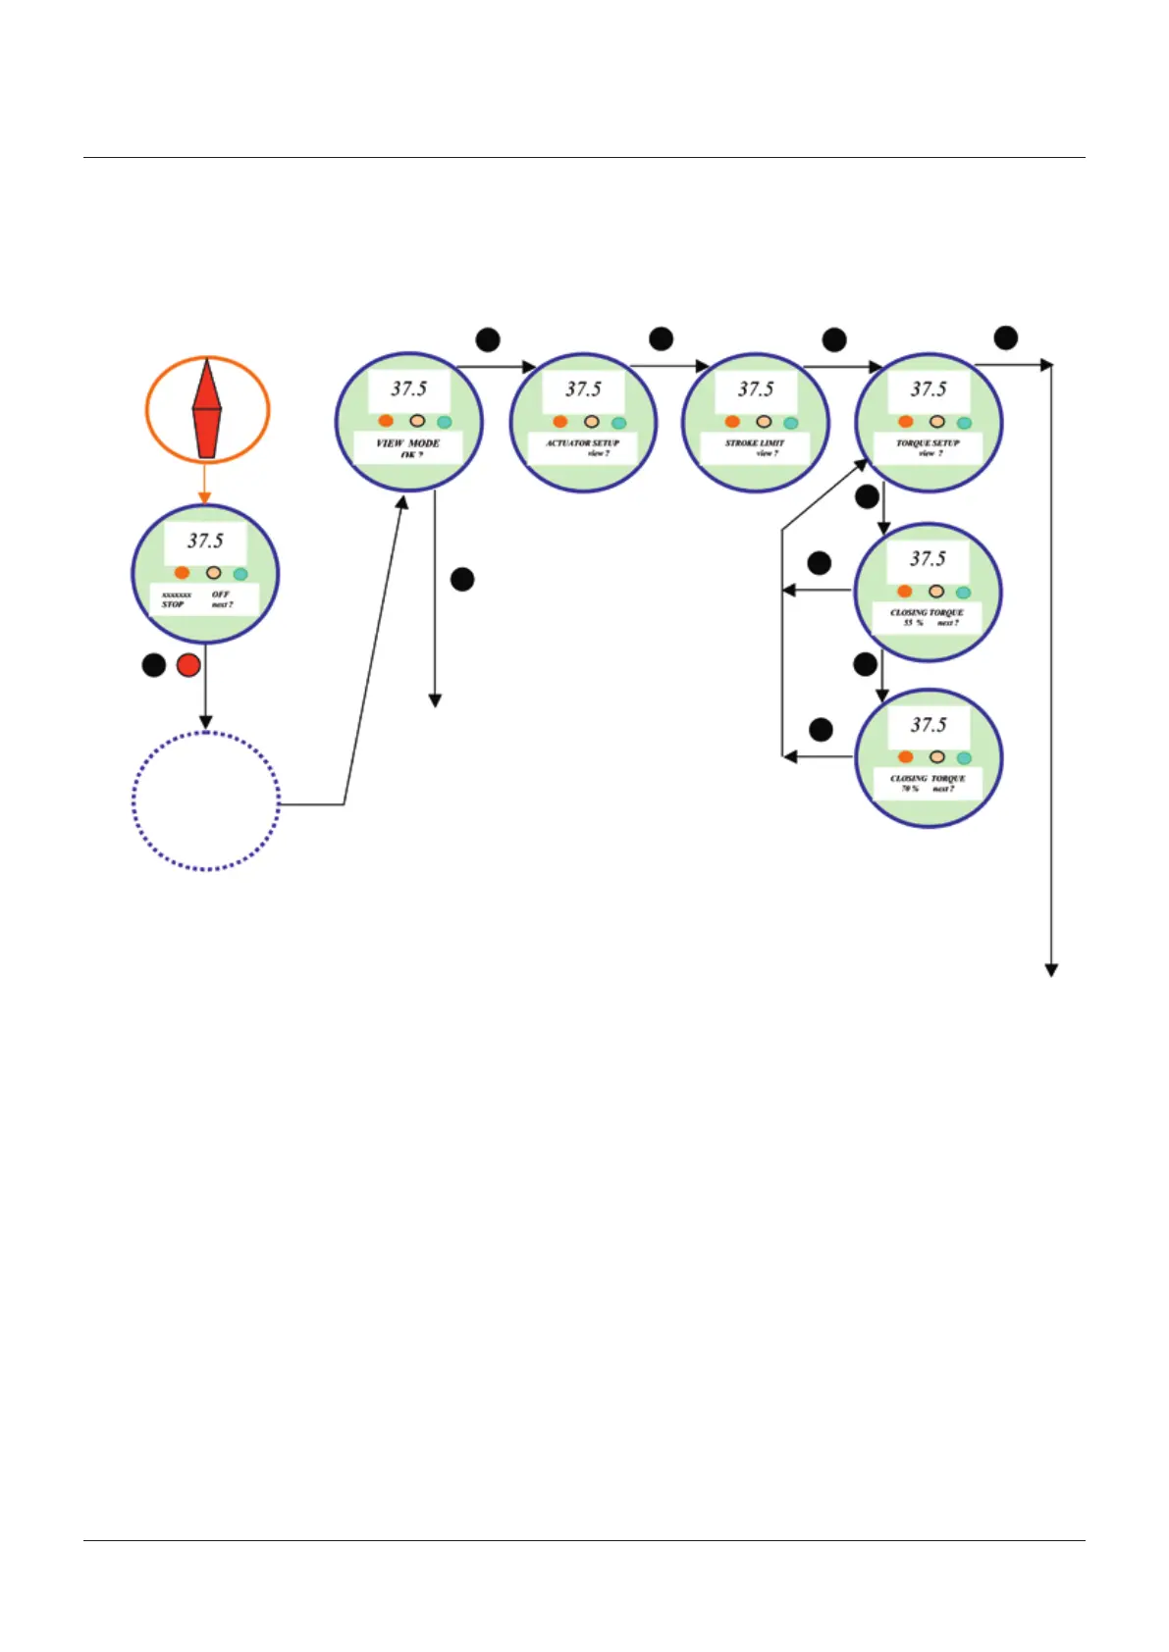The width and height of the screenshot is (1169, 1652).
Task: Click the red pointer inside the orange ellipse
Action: coord(206,409)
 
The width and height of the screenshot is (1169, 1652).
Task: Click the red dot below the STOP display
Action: coord(188,665)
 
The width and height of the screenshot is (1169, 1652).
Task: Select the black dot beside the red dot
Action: coord(154,665)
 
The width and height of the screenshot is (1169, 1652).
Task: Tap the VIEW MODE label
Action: coord(408,443)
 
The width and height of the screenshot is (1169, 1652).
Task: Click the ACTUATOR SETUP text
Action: coord(583,443)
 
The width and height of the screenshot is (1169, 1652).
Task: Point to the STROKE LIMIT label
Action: coord(755,443)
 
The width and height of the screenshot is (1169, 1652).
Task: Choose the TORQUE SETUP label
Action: coord(928,443)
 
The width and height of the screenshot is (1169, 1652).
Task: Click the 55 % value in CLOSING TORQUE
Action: coord(913,623)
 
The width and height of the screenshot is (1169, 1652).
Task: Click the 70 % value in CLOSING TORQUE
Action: coord(910,789)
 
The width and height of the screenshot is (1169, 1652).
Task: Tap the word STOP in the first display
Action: coord(173,605)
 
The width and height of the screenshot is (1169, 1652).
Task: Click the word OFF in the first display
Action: coord(221,594)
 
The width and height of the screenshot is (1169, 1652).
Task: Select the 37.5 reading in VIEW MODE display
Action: coord(409,389)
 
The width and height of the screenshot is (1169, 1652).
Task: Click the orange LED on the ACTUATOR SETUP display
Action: coord(560,422)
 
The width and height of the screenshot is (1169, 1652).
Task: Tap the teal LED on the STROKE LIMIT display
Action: coord(791,423)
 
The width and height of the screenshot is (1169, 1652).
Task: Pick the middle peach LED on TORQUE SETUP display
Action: coord(937,422)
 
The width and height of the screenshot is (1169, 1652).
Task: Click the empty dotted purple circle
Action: coord(206,800)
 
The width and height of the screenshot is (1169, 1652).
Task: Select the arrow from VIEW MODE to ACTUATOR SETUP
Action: coord(497,367)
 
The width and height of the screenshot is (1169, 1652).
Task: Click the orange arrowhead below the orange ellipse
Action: coord(205,497)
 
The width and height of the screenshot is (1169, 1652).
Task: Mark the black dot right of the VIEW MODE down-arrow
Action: coord(462,580)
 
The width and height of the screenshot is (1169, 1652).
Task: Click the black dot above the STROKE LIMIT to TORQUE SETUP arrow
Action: coord(834,340)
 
